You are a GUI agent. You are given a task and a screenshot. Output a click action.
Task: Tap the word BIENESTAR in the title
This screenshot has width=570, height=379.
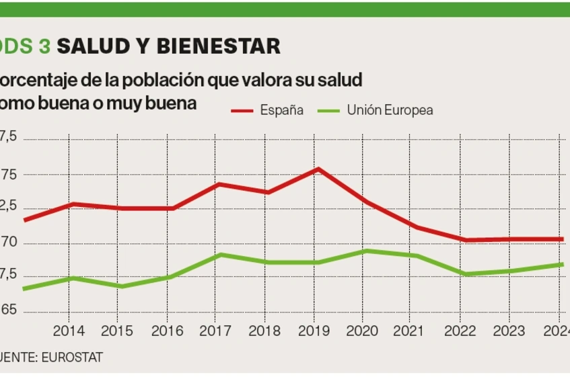coord(218,46)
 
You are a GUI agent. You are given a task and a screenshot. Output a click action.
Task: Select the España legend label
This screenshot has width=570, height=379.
coord(281,110)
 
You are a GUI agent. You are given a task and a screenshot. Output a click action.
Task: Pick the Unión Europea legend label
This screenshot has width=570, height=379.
coord(390,110)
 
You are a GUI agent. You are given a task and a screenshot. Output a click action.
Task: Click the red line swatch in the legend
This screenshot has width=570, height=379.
coord(242,110)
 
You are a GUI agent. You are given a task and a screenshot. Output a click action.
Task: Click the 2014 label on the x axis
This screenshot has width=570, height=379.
coord(68,331)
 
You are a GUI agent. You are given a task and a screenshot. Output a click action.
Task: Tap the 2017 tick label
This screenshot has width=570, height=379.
coord(216,331)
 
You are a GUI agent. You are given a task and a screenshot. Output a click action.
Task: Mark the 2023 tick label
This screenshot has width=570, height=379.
coord(509,331)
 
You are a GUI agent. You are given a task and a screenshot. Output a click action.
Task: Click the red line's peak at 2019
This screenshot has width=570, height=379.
coord(318,169)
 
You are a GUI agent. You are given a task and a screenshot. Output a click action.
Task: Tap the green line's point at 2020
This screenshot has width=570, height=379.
coord(364,251)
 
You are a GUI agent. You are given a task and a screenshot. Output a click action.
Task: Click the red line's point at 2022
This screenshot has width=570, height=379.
coord(464,240)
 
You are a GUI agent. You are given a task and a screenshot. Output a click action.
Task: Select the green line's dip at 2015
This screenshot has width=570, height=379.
coord(119,286)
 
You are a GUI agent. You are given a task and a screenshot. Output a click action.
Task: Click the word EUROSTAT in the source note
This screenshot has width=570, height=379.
coord(72,357)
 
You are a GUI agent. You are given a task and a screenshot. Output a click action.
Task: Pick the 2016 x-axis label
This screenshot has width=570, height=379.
coord(166,331)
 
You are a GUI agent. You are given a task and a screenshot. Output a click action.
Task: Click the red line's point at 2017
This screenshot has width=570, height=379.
coord(218,183)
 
